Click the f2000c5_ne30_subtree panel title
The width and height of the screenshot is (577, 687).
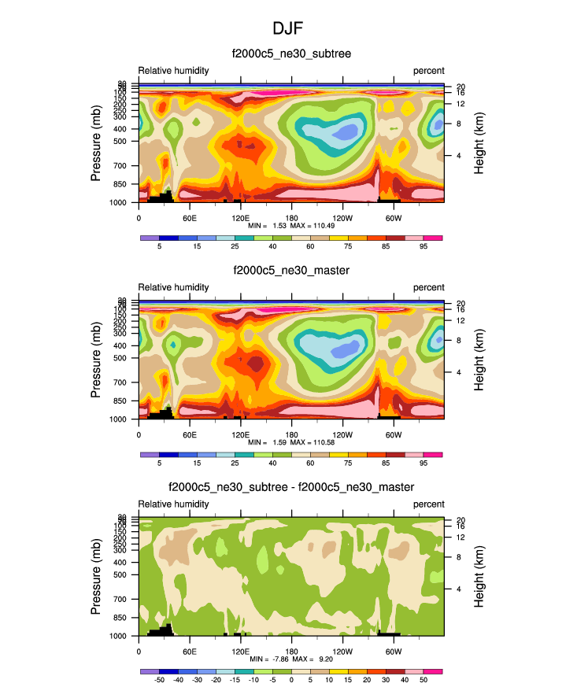[x=291, y=54]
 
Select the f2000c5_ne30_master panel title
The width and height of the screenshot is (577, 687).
[x=291, y=270]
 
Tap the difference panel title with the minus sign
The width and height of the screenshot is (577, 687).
[x=291, y=487]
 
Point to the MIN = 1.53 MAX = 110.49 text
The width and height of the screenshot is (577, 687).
[x=291, y=226]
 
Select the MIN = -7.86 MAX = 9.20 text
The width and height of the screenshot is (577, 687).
[x=291, y=659]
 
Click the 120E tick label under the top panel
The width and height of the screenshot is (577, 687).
[x=240, y=217]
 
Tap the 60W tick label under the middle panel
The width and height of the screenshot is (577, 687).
[x=394, y=434]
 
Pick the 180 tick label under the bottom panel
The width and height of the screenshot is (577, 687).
[x=291, y=650]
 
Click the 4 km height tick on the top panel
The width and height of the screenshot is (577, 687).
[x=458, y=156]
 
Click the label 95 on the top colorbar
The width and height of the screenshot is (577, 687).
[x=424, y=246]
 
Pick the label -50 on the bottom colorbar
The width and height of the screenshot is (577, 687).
[x=159, y=680]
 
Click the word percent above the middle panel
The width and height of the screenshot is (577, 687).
[x=429, y=287]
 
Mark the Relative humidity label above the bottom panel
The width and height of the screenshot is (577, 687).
[x=174, y=504]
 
